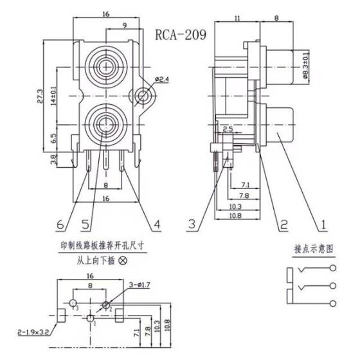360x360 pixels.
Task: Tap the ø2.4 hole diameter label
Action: [x=161, y=80]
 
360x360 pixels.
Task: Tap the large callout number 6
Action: [x=60, y=224]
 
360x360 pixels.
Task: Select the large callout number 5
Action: [x=84, y=224]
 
